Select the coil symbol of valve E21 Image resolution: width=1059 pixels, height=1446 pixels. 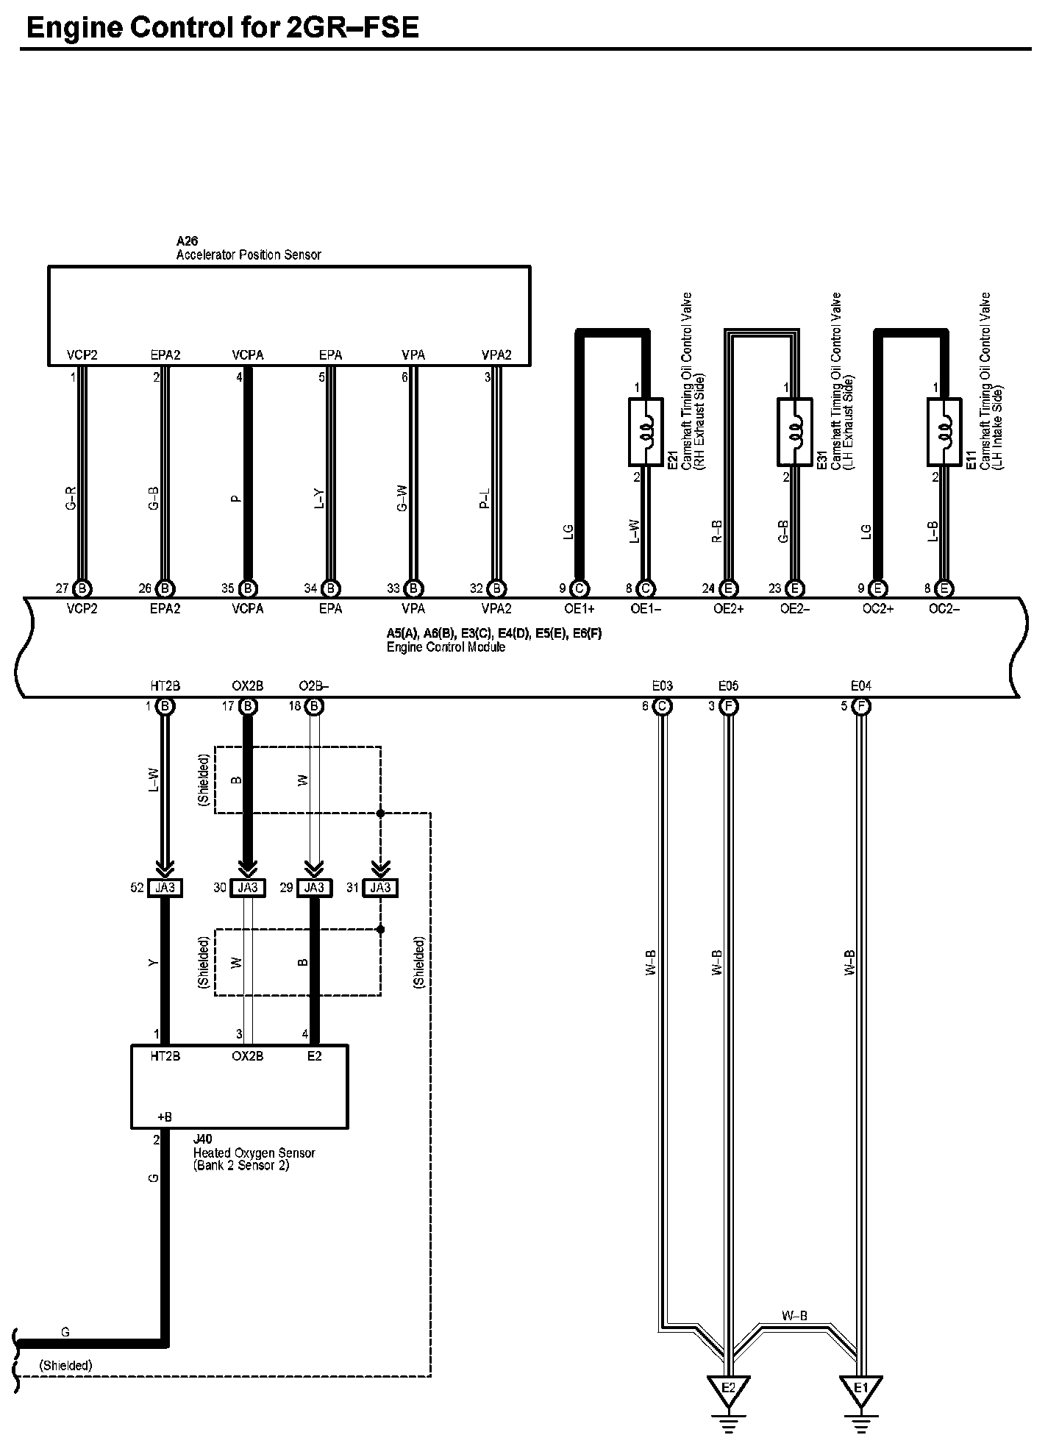646,432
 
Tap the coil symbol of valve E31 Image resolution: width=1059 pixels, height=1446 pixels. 795,432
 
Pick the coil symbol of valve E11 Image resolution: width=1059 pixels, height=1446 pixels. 944,432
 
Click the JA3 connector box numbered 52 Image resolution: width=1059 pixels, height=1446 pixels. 165,888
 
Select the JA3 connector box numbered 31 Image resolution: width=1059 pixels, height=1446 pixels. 380,888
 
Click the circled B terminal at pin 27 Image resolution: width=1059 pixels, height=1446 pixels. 82,588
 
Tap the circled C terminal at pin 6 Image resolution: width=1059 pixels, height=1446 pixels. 663,707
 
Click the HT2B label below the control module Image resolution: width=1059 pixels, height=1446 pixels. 165,686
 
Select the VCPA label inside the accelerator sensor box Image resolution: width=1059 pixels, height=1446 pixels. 248,355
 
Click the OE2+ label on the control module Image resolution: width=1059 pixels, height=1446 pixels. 729,609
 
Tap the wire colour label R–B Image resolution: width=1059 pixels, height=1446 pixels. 716,531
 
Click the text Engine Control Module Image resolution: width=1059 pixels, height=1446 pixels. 446,647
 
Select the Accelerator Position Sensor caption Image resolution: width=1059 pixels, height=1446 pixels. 249,254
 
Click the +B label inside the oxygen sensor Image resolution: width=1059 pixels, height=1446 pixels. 165,1116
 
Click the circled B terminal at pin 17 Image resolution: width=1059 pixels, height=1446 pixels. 248,707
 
